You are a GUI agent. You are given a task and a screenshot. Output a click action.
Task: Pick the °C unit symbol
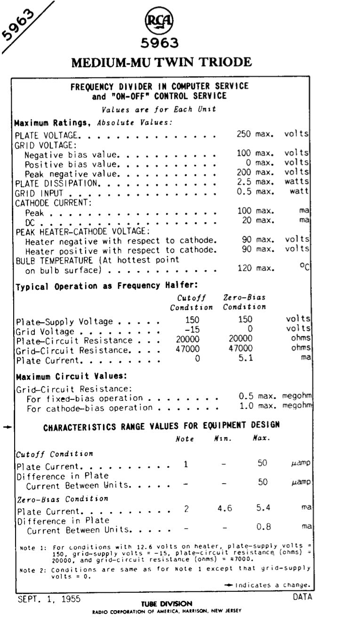pos(304,268)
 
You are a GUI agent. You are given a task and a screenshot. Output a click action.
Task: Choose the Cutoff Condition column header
pos(191,302)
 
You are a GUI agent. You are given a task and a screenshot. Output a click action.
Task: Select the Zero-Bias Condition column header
pos(244,302)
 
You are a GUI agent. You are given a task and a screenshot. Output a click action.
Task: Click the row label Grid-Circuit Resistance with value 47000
pos(72,350)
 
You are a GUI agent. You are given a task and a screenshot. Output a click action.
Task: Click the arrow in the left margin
pos(6,427)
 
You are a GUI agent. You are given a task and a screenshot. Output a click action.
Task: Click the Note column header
pos(184,439)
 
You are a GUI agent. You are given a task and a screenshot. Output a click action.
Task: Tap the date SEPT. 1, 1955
pos(49,599)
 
